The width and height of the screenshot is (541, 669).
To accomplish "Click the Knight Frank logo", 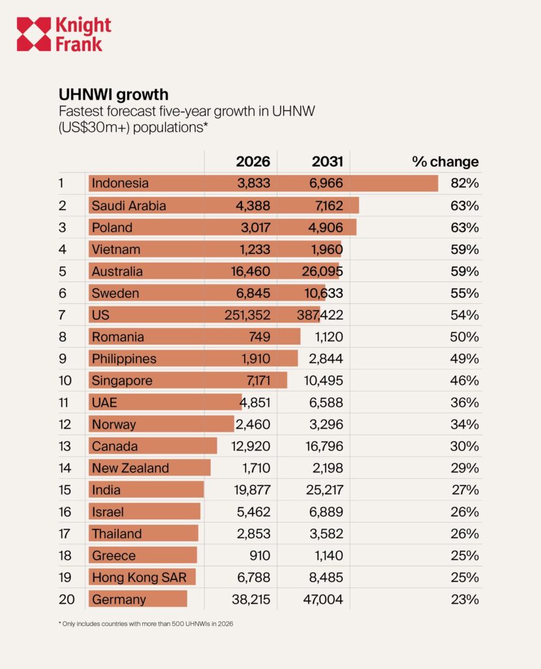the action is point(64,34).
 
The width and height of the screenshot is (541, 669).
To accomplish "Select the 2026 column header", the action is point(253,161).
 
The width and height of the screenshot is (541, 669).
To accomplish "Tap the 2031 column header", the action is point(327,161).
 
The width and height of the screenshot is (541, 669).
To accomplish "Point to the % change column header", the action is point(445,161).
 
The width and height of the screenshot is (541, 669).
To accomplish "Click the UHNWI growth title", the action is point(114,94).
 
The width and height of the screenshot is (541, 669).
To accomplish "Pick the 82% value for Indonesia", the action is point(465,183).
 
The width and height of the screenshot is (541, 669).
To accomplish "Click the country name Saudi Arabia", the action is point(129,206).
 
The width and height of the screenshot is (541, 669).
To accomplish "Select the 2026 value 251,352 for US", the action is point(247,315).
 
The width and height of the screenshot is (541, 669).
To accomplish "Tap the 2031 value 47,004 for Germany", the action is point(323,600).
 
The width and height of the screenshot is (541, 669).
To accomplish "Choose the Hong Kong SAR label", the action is point(140,578).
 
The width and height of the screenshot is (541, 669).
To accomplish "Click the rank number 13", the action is point(65,446).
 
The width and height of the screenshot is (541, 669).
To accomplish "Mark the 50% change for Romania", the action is point(464,336).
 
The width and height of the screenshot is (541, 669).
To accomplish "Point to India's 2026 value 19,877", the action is point(252,490).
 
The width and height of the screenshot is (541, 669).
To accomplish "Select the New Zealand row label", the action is point(131,468).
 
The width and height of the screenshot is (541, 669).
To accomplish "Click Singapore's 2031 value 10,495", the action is point(324,381).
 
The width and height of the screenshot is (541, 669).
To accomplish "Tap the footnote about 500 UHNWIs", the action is point(146,624).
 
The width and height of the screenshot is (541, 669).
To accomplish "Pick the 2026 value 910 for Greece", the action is point(260,555).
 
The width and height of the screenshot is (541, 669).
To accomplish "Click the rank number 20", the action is point(67,600).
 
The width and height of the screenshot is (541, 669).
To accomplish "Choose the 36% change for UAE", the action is point(465,402).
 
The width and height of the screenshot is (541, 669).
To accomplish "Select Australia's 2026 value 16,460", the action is point(251,271).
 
